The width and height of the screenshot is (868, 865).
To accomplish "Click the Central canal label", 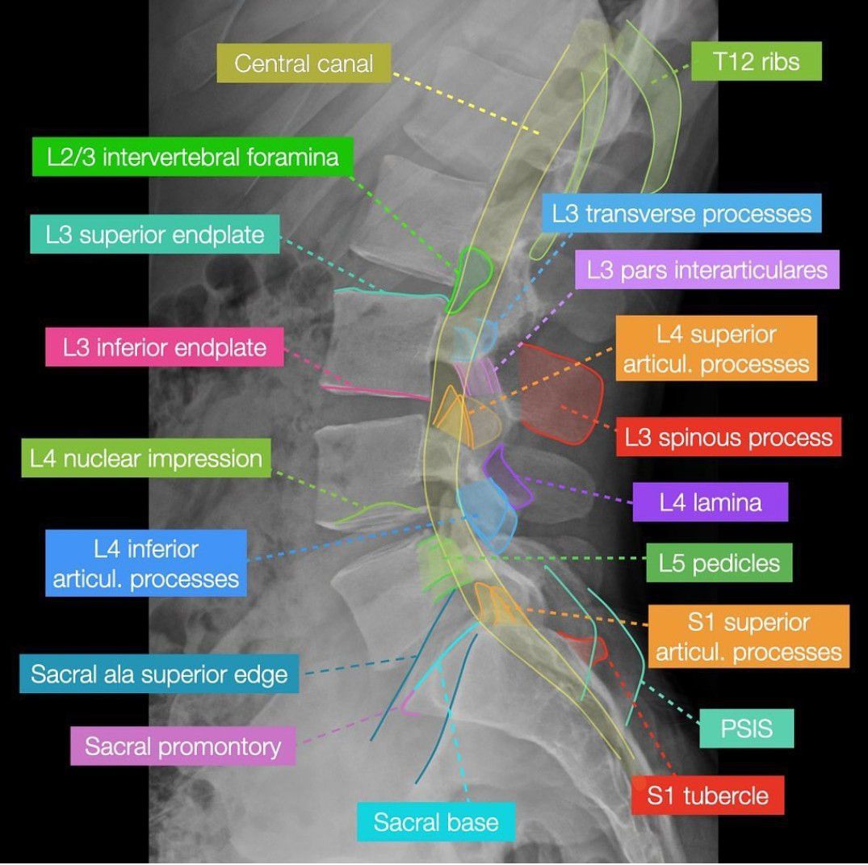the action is [x=304, y=63].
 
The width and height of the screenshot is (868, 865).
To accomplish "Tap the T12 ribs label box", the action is [x=757, y=61].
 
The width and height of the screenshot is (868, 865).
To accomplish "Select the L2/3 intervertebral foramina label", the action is [x=193, y=157].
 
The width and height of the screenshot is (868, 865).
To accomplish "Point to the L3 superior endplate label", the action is [x=154, y=234].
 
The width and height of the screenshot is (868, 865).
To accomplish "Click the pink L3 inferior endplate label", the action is [x=165, y=346].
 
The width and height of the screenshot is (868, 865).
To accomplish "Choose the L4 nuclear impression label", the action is [x=146, y=458].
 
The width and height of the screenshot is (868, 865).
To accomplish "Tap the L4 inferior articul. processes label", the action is [x=146, y=563].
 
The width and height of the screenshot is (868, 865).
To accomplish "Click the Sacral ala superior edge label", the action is [x=159, y=674].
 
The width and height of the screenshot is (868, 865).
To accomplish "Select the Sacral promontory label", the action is [x=182, y=745].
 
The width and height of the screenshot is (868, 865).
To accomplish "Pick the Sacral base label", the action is [x=436, y=822].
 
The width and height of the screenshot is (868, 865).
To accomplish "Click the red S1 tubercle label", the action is [x=707, y=796].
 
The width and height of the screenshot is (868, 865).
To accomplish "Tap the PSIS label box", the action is [x=746, y=729].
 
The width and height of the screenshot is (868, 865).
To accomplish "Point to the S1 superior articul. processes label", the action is [x=748, y=636].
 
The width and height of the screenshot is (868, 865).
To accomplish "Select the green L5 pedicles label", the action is [x=719, y=563].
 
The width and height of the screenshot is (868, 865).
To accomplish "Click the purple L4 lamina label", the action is [x=711, y=502].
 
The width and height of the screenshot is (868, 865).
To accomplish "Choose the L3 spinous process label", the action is [x=728, y=437].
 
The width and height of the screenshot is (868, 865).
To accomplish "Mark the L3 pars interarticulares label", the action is [x=707, y=270].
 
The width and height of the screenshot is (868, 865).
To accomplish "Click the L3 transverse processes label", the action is [x=681, y=213].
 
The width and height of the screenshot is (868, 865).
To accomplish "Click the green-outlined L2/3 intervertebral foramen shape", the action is [x=471, y=279].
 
